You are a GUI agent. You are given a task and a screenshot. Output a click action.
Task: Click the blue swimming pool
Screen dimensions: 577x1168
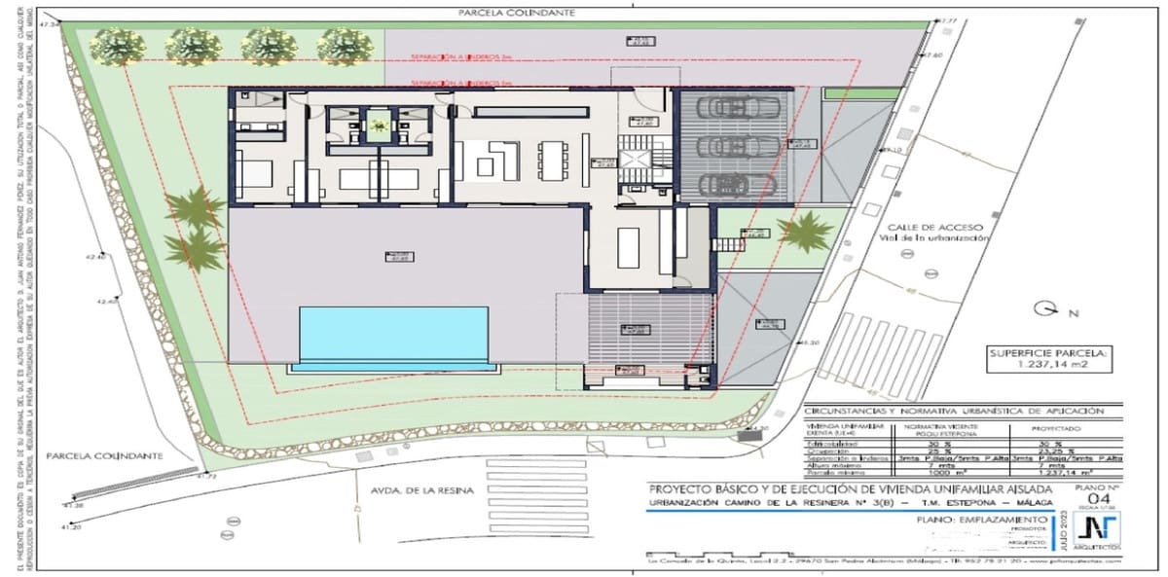coord(392,333)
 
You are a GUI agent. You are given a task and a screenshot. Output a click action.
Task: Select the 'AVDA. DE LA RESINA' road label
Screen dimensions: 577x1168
coord(410,490)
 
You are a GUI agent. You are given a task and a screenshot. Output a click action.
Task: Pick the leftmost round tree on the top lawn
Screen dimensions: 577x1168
coord(116,45)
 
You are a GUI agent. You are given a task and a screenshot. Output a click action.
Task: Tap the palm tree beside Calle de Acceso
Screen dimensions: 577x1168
coord(806,233)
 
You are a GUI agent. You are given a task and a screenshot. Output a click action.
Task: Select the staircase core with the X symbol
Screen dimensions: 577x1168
coord(639,159)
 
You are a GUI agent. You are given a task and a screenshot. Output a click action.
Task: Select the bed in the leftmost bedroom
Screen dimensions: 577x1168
coord(255,175)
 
